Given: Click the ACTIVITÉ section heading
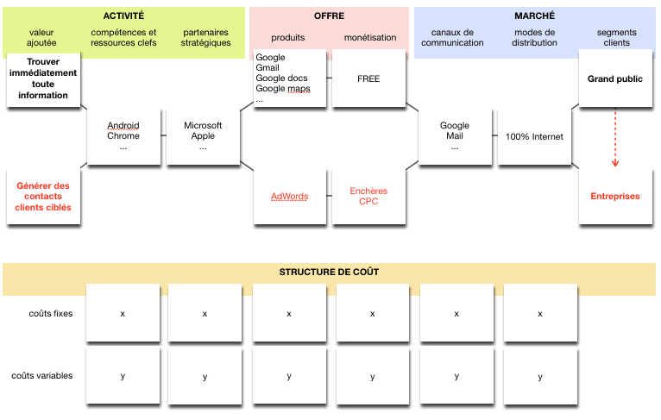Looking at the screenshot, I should tap(123, 16).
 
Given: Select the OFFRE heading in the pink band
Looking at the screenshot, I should tap(329, 16).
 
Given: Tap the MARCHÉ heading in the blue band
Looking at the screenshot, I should tap(535, 16).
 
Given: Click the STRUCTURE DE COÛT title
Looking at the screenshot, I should tap(329, 272).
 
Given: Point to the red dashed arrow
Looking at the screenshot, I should tap(615, 138).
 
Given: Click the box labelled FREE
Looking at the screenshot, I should tap(368, 78).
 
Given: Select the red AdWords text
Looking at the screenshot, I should tap(289, 196).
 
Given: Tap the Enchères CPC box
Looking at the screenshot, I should tap(368, 196).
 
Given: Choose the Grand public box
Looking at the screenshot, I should tap(615, 78).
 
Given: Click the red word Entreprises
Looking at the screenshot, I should tap(615, 196).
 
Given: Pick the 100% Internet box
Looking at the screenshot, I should tap(534, 136).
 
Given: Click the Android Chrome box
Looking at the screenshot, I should tap(123, 136).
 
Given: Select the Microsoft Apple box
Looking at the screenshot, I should tap(203, 136).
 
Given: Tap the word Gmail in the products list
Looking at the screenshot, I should tap(268, 68).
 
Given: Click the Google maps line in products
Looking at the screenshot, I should tap(282, 89).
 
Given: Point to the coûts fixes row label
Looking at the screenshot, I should tap(50, 314).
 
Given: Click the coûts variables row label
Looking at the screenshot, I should tap(42, 376).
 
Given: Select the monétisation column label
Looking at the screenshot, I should tap(370, 38).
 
